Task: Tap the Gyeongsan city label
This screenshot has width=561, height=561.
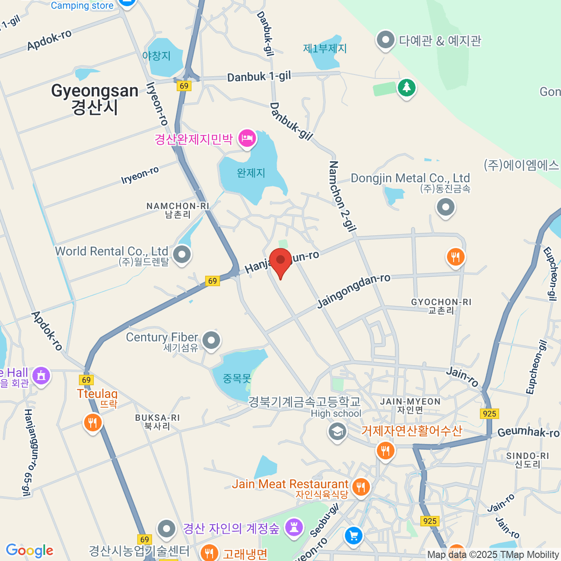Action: tap(95, 99)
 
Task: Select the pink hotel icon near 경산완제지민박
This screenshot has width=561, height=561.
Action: tap(246, 138)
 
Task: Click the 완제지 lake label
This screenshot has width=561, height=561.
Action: tap(251, 173)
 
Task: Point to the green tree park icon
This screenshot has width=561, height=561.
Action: tap(407, 87)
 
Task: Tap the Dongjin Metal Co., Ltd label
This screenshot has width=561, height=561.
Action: tap(410, 178)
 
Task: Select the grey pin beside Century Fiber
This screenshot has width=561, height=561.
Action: tap(211, 340)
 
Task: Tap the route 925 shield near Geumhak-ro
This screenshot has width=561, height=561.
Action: tap(489, 413)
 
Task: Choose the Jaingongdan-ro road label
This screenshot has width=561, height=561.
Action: tap(353, 291)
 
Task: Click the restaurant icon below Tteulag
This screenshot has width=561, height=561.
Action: tap(93, 423)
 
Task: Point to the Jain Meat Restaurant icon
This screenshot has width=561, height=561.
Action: tap(360, 487)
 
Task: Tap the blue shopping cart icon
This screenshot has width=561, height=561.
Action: tap(354, 535)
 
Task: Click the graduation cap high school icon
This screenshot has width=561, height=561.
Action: tap(337, 432)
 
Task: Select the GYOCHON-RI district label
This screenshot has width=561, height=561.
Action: tap(441, 306)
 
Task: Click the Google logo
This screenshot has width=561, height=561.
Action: tap(29, 550)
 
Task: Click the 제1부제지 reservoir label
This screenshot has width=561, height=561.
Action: tap(325, 49)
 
